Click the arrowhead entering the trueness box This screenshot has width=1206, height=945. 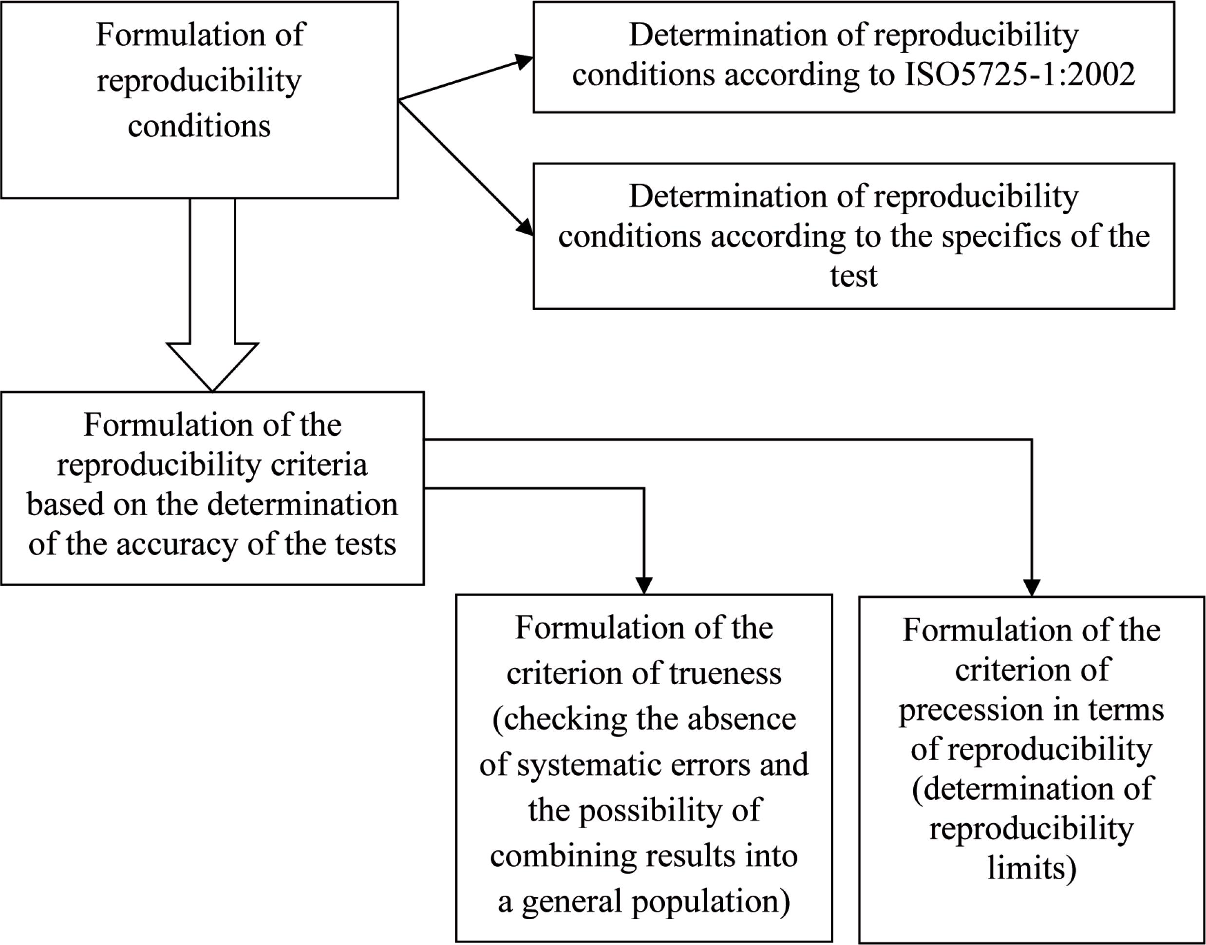click(644, 585)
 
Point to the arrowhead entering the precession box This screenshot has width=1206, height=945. click(1032, 588)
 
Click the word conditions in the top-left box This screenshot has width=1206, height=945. click(199, 126)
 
